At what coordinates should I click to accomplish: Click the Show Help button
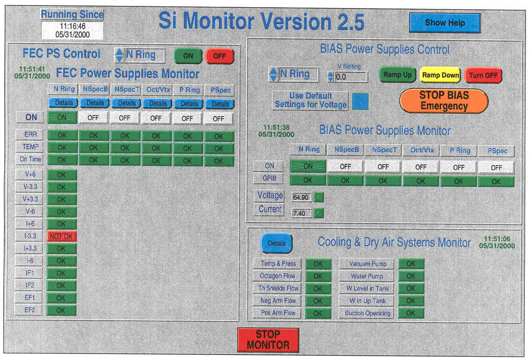[445, 23]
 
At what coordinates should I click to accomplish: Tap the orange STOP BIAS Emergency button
[444, 101]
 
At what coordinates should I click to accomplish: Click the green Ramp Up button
[397, 75]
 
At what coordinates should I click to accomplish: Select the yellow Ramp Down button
[440, 75]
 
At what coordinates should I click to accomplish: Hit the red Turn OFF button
[483, 76]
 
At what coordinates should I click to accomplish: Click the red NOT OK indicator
[61, 236]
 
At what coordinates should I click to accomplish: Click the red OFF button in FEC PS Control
[220, 56]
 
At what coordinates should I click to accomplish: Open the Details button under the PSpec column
[220, 104]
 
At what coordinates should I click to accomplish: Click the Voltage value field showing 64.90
[301, 197]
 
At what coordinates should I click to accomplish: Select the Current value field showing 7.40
[301, 213]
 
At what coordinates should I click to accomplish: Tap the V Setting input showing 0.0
[351, 77]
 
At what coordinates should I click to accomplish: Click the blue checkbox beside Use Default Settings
[360, 101]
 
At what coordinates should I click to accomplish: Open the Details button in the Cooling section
[276, 243]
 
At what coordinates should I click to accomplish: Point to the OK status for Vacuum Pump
[411, 263]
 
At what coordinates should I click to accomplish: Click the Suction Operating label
[367, 313]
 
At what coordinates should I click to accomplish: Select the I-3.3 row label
[30, 236]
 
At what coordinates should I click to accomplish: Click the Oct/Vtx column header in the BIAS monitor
[422, 150]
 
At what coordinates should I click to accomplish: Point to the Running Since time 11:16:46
[72, 26]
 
